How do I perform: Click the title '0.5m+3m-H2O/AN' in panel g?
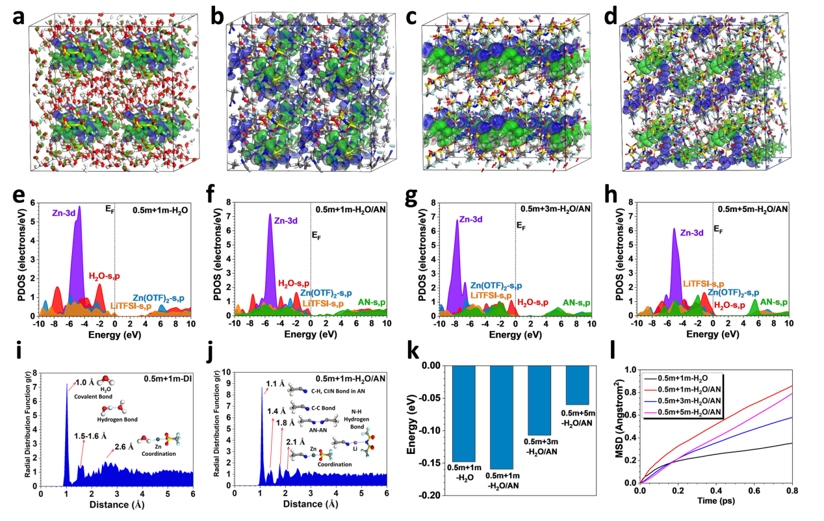tap(554, 209)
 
